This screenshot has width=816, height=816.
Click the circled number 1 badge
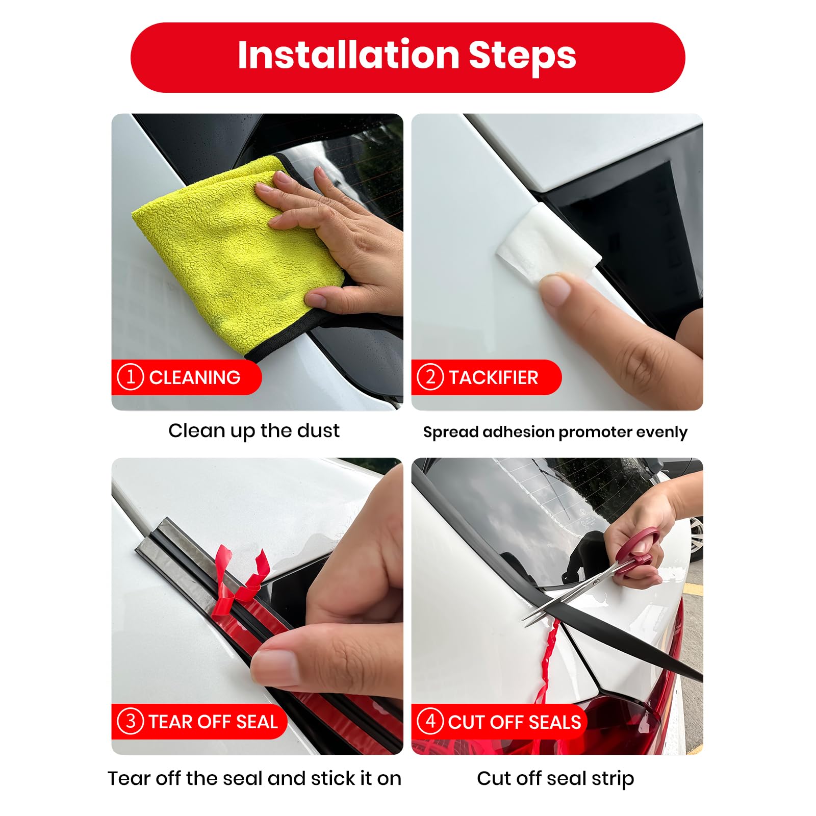(x=130, y=377)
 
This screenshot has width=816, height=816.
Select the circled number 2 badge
(x=430, y=377)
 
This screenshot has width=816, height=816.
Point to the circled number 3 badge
(x=130, y=721)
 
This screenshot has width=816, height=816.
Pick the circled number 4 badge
(x=430, y=721)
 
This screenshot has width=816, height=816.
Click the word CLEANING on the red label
(x=194, y=377)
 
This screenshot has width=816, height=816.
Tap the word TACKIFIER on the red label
(x=493, y=377)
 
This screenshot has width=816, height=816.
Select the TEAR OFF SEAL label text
(x=213, y=722)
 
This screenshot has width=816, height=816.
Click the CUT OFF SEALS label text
(x=515, y=722)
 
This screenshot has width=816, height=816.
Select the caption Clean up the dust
(x=253, y=431)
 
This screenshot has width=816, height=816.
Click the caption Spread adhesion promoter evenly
(x=555, y=432)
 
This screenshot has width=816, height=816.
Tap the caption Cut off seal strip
(x=555, y=779)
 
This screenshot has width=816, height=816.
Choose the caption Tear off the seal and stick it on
(x=254, y=778)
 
